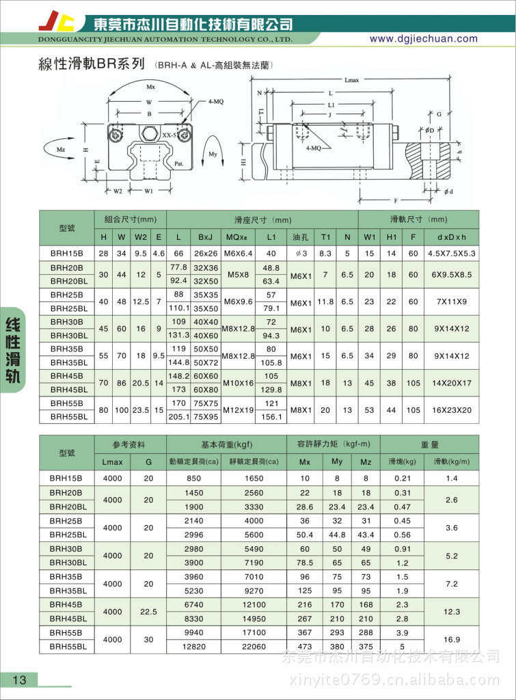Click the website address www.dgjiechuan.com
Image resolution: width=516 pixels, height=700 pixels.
coord(423,39)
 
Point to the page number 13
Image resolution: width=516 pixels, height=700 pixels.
coord(19,679)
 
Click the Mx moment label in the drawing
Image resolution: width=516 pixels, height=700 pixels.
coord(151,87)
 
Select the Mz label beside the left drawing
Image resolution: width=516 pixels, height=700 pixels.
coord(61,148)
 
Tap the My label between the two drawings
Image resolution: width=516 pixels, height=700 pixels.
coord(213,154)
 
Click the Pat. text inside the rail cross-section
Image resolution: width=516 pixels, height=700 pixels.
coord(178,163)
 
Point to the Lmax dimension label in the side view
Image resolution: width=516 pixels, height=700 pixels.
coord(352,80)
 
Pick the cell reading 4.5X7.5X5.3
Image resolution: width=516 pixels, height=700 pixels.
coord(451,253)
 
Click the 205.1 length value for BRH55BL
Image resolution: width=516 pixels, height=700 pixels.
coord(178,416)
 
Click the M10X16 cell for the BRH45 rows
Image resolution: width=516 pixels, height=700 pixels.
coord(239,383)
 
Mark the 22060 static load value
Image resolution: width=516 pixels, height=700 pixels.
coord(254,646)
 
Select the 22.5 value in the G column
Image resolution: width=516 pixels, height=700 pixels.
coord(148,612)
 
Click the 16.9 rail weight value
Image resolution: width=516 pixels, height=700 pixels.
coord(452,639)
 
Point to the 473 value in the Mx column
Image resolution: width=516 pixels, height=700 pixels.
coord(305,646)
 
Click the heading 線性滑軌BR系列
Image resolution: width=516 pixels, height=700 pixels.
coord(94,65)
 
